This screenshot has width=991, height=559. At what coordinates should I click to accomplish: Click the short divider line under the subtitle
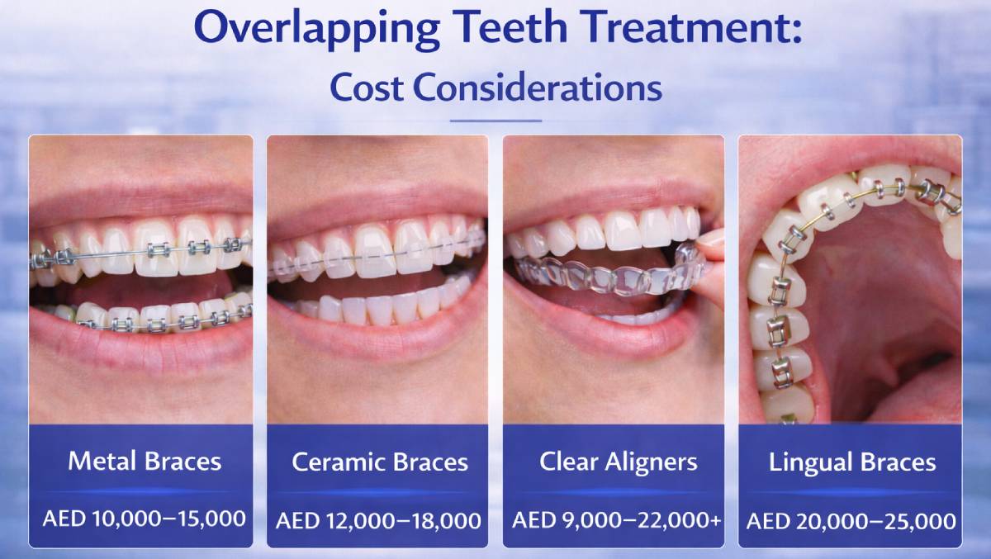[x=495, y=121]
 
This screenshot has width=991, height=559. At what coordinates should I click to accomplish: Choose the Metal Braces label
[x=145, y=461]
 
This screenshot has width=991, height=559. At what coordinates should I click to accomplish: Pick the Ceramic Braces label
[x=379, y=462]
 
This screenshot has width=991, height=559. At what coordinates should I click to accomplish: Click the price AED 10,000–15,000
[x=145, y=519]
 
